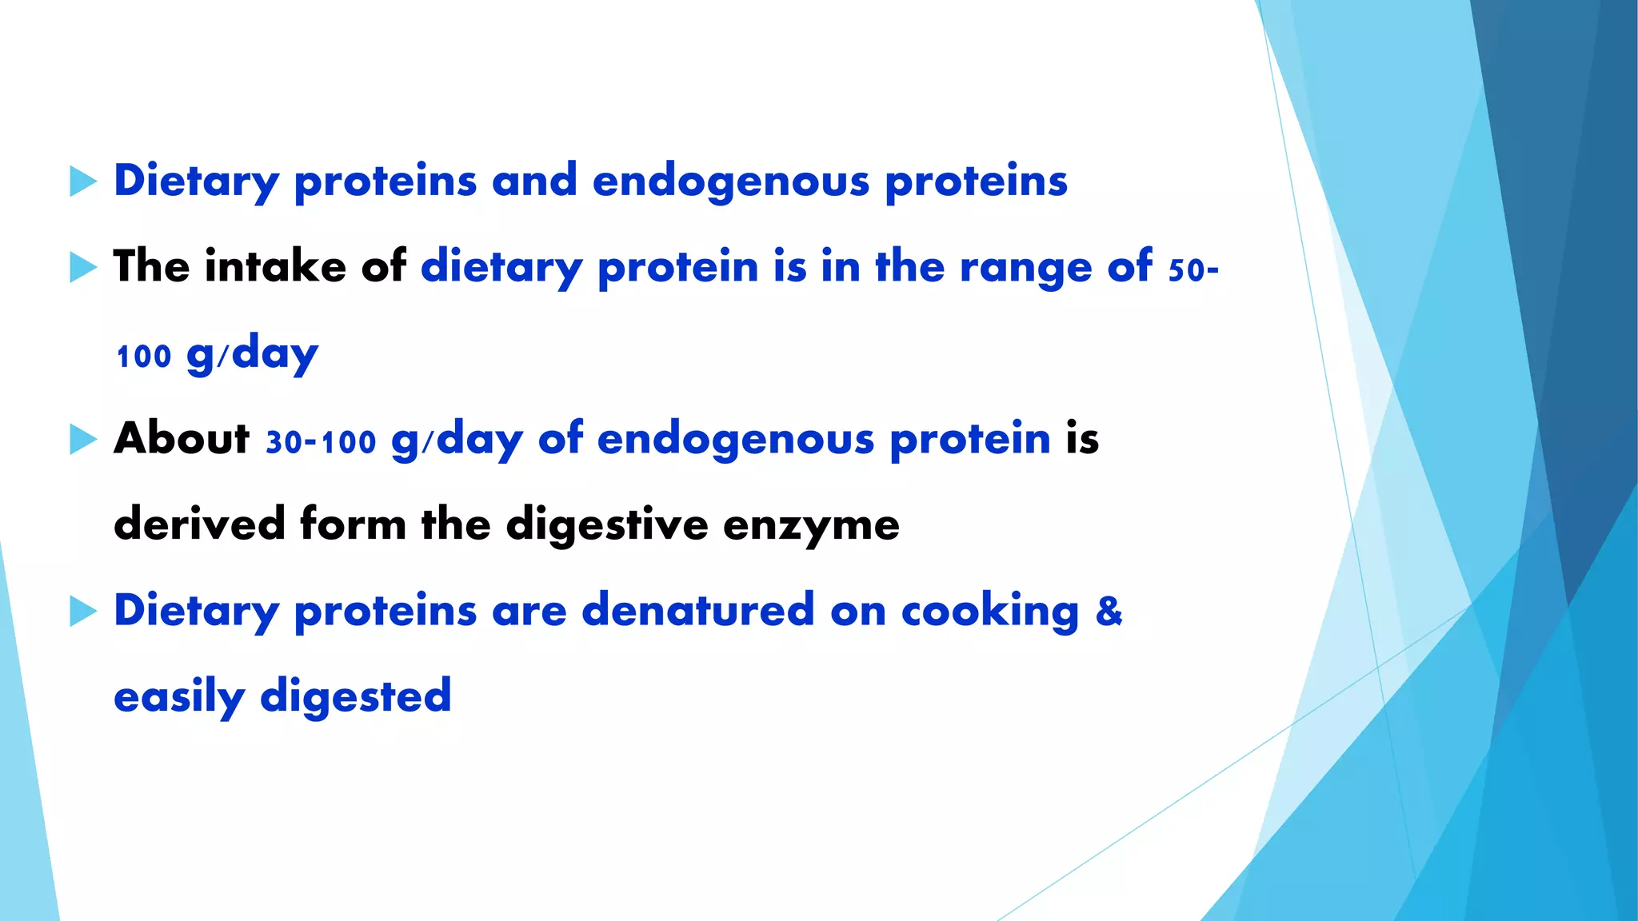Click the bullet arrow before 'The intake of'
[x=82, y=267]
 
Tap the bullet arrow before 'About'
[x=82, y=439]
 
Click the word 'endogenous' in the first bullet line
[x=730, y=181]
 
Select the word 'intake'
[x=275, y=266]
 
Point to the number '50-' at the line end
[x=1193, y=270]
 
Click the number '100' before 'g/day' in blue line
[x=144, y=357]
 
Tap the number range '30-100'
[x=321, y=442]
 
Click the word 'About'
[x=182, y=438]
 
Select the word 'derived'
[x=199, y=524]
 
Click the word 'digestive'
[x=607, y=526]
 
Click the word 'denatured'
[x=698, y=611]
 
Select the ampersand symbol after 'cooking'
[x=1109, y=611]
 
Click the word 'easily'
[x=179, y=697]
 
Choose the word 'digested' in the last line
[x=356, y=697]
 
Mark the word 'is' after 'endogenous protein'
[x=1082, y=439]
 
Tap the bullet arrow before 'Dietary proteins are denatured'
[x=82, y=612]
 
